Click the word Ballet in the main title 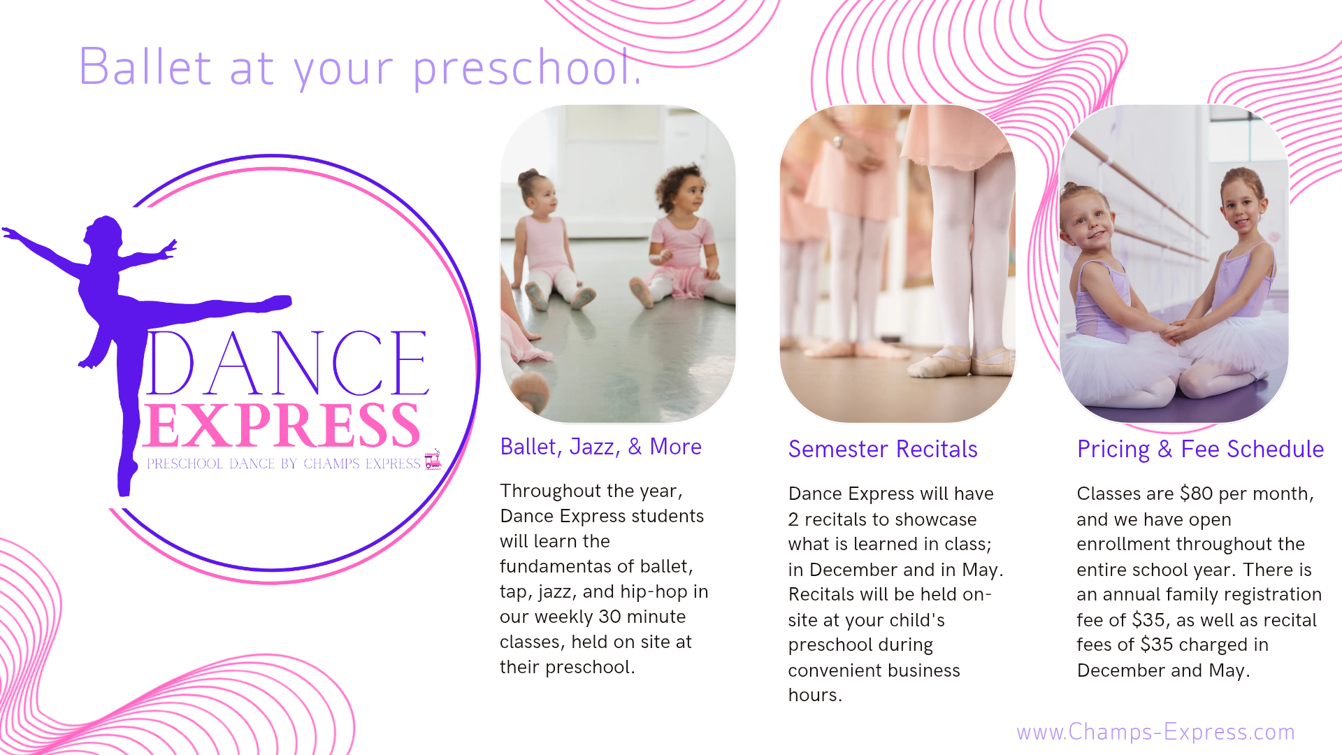point(145,67)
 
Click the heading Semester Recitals point(883,449)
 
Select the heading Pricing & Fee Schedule point(1200,450)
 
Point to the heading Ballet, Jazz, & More point(600,447)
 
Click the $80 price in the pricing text point(1196,494)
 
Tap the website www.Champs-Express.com point(1155,732)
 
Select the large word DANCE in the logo point(287,363)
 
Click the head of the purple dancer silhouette point(104,231)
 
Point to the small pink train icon point(433,459)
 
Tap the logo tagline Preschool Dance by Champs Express point(283,463)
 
